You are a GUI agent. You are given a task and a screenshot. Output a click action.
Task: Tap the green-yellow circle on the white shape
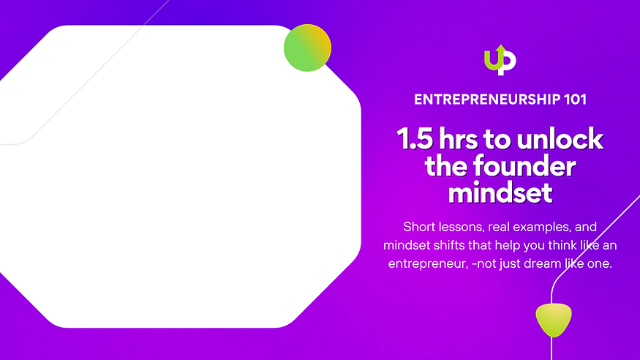(x=307, y=48)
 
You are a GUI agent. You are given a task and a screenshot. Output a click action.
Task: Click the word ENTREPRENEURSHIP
(x=481, y=100)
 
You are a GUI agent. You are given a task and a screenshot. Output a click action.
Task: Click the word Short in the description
(x=419, y=226)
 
